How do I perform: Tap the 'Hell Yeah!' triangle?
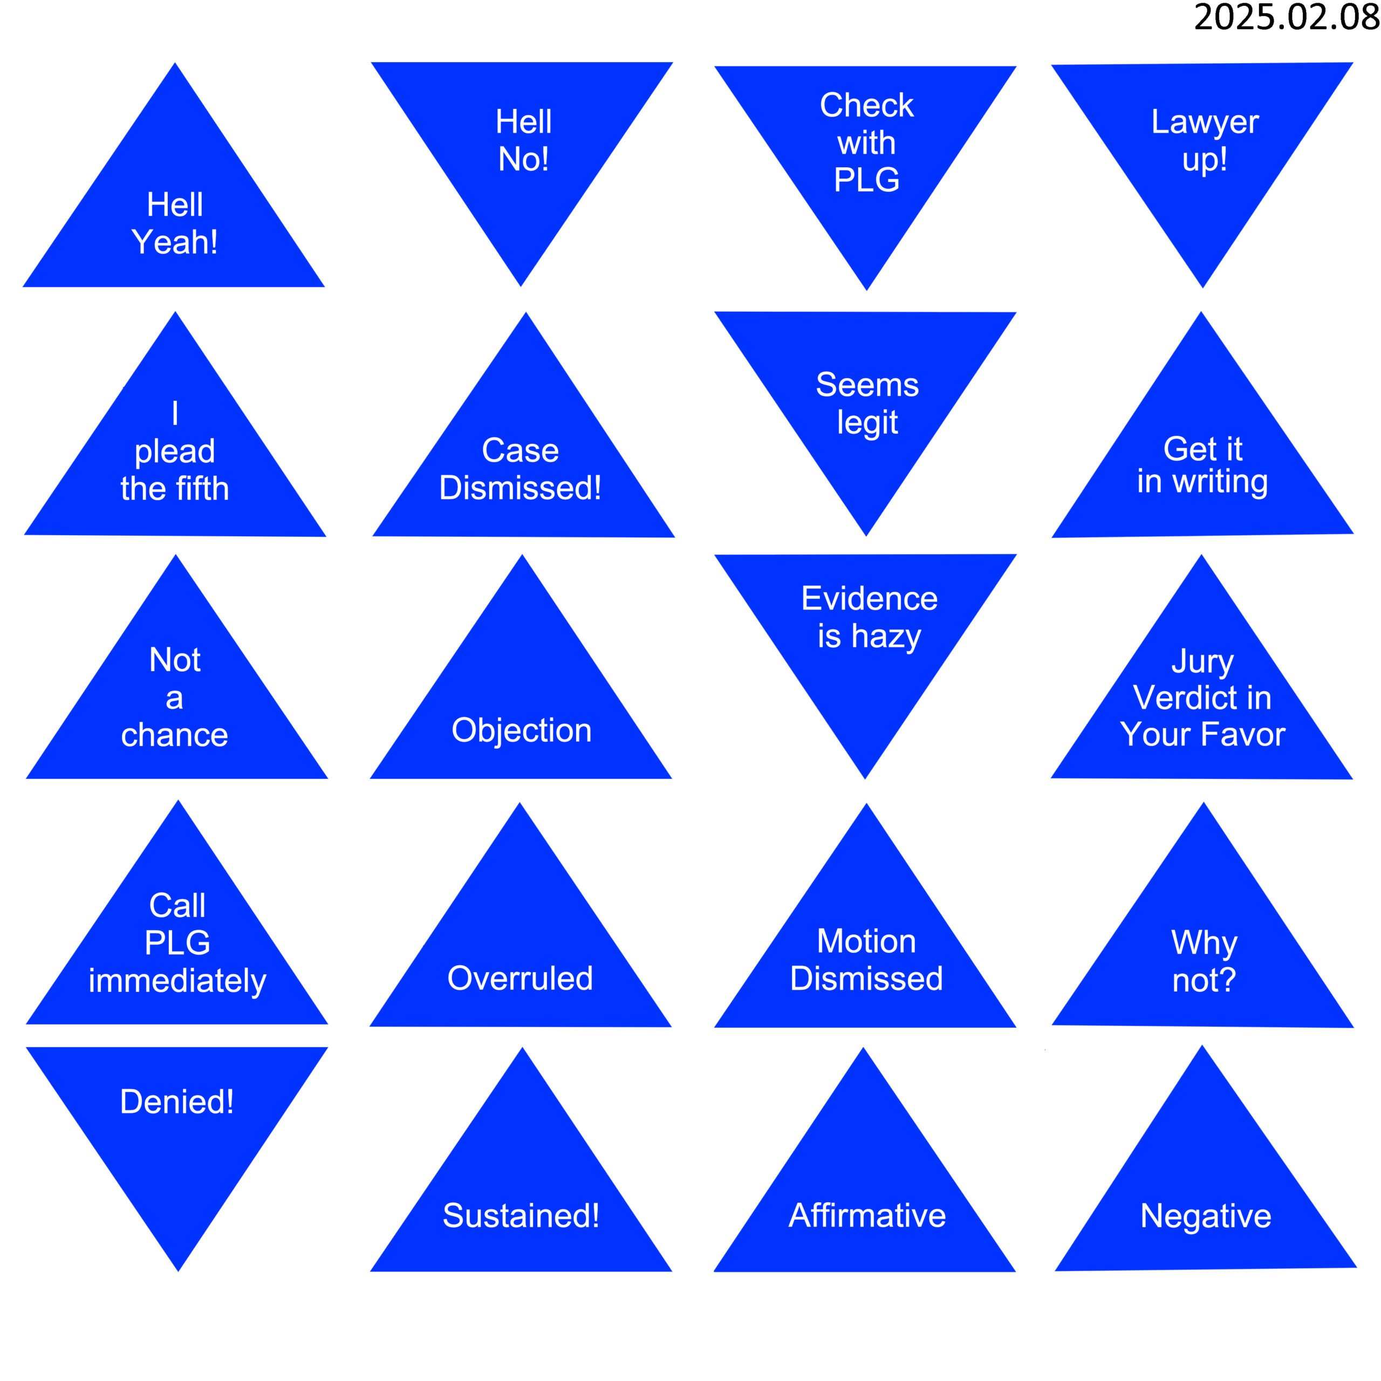[174, 215]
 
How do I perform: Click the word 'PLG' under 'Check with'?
[866, 180]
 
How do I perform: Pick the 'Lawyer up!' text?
[1205, 141]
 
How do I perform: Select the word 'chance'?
[174, 735]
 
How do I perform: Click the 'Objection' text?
[522, 730]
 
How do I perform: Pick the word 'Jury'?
[1202, 661]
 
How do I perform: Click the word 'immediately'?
[177, 981]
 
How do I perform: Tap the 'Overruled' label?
[521, 979]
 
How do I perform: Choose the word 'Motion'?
[866, 941]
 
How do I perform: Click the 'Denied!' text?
[176, 1102]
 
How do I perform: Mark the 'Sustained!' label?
[521, 1216]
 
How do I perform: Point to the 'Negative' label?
[1206, 1216]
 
